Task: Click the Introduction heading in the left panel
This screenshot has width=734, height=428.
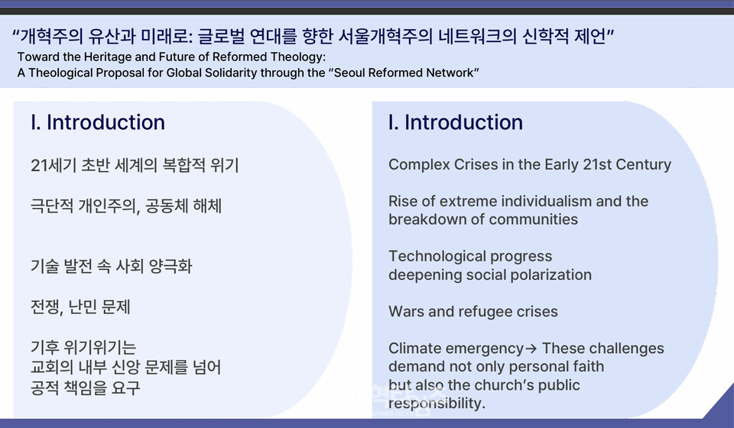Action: point(98,122)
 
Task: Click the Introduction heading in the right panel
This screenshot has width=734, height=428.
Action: point(456,122)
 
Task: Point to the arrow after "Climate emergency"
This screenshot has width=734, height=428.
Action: point(531,349)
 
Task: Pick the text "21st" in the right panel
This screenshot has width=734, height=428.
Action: point(597,164)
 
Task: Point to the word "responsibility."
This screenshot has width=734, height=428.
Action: point(437,404)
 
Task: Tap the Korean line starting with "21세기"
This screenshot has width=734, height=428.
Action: point(135,165)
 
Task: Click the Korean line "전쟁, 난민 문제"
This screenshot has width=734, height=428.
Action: point(80,306)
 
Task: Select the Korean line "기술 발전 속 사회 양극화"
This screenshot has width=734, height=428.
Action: point(112,266)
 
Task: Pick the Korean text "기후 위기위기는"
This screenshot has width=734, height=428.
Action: point(83,347)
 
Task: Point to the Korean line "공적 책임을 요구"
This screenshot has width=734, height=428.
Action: point(85,387)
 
